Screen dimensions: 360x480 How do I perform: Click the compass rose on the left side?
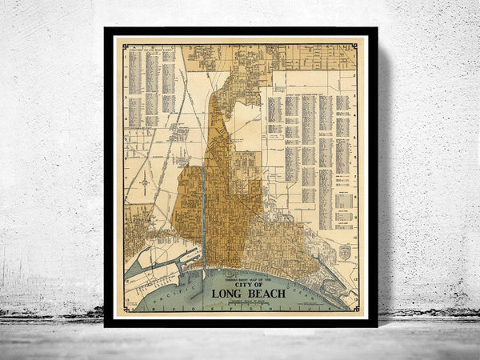click(x=144, y=182)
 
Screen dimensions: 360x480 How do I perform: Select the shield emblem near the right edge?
click(x=345, y=252)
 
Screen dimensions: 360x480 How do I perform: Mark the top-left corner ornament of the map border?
click(x=126, y=47)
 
